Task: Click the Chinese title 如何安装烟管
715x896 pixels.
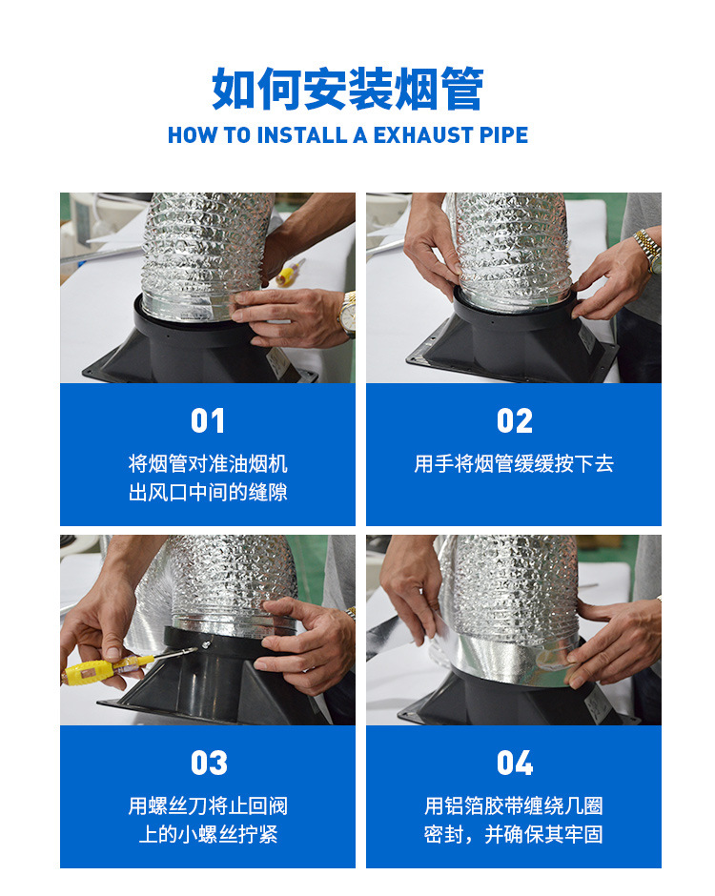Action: pos(348,89)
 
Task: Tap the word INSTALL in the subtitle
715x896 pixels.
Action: pos(302,135)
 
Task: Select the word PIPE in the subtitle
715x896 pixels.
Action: pos(503,135)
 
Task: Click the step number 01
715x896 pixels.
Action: pos(208,421)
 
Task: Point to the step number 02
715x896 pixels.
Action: pos(515,421)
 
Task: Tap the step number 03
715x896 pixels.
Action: pos(209,763)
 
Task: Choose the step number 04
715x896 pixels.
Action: pos(515,763)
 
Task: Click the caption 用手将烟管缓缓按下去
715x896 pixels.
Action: pos(514,463)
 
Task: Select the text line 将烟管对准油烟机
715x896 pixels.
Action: pos(208,463)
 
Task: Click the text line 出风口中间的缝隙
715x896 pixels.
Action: pos(208,492)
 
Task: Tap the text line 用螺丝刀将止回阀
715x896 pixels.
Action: pos(208,805)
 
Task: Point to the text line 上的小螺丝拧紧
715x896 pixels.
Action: pos(208,834)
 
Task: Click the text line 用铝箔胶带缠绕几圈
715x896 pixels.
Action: pos(514,805)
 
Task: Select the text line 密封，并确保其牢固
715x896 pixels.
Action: pos(514,834)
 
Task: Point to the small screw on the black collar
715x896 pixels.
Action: pos(205,645)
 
